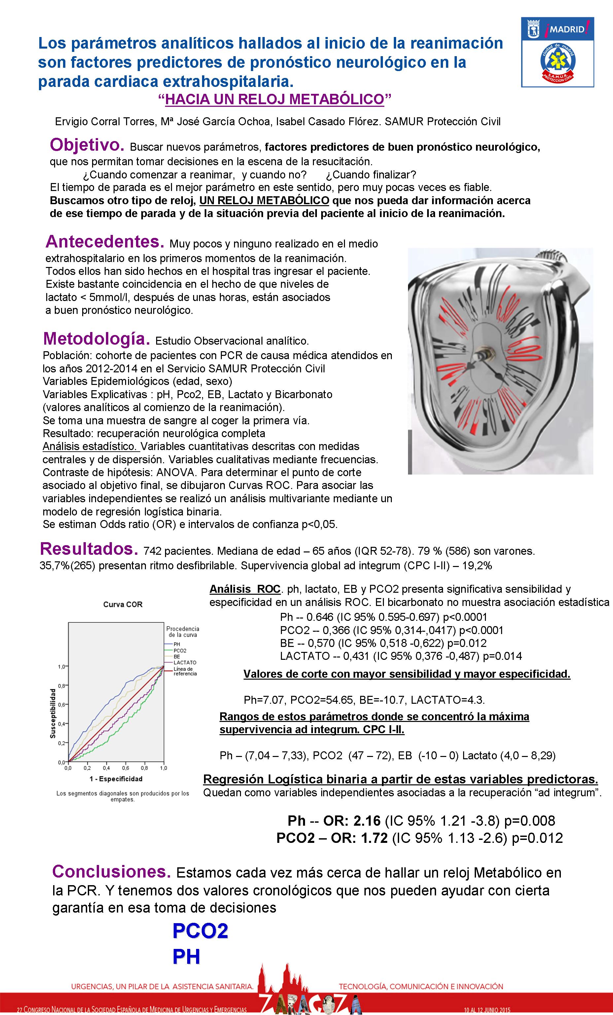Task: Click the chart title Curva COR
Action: (x=123, y=605)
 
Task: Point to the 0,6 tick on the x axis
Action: (x=125, y=768)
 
